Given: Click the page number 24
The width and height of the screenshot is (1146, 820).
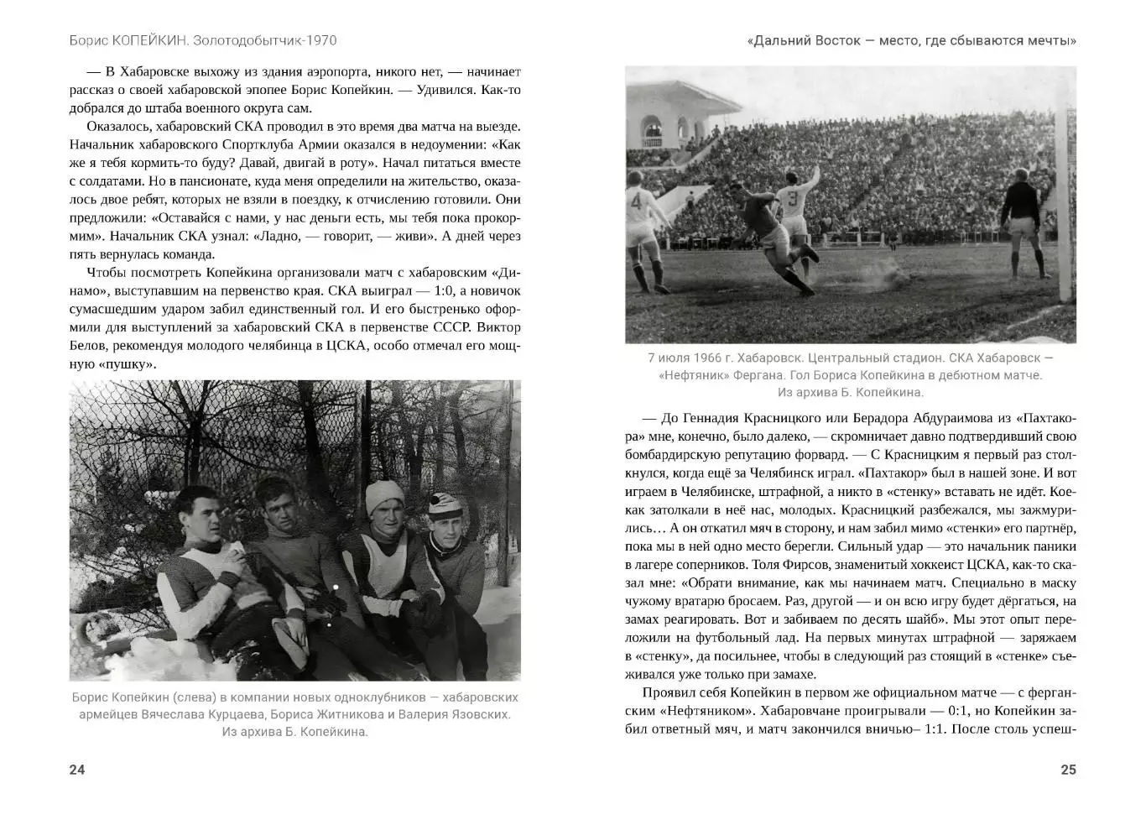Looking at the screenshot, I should [77, 770].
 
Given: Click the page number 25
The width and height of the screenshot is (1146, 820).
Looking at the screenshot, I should [1068, 770].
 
